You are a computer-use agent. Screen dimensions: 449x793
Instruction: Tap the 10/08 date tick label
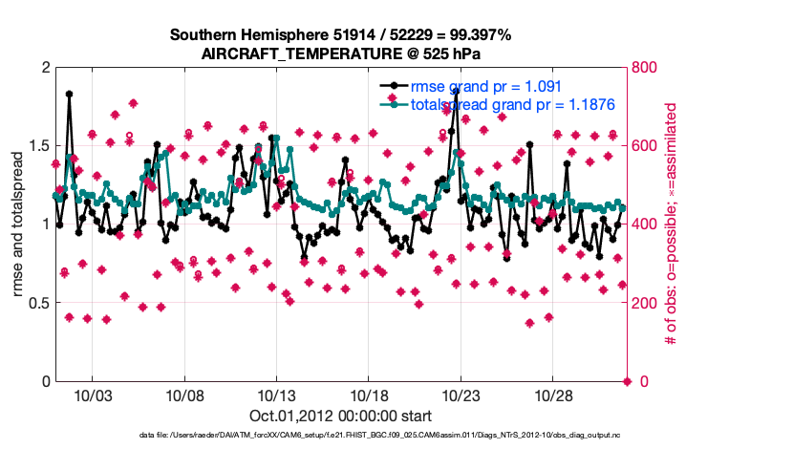(184, 396)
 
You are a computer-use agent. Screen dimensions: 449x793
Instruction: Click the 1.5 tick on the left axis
(36, 145)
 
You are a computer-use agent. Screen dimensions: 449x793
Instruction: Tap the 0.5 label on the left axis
(36, 303)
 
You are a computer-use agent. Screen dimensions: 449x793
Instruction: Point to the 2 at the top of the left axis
(45, 67)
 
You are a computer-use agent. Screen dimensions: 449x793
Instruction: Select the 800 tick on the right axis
(646, 67)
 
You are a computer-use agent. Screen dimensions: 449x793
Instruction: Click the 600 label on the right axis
(646, 145)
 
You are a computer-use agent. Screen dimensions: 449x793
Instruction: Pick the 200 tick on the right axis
(646, 303)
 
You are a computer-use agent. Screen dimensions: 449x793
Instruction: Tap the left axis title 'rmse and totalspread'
(19, 224)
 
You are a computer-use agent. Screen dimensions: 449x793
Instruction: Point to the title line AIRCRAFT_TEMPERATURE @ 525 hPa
(340, 53)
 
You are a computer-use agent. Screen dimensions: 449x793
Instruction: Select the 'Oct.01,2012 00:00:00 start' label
(339, 416)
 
